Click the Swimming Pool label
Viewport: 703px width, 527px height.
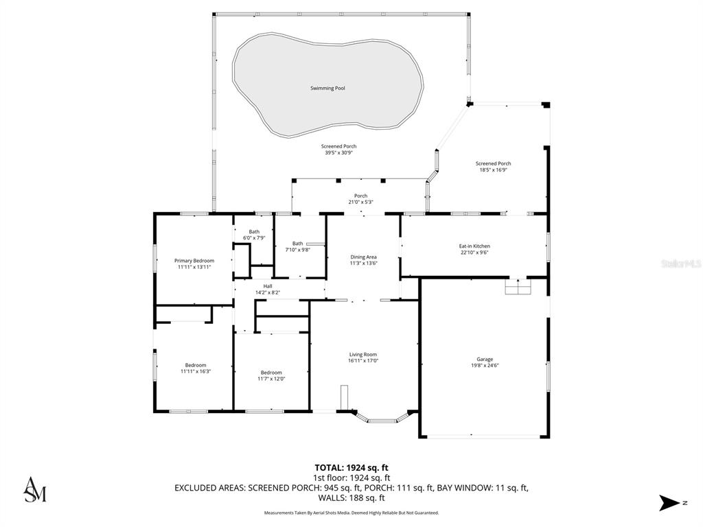point(327,89)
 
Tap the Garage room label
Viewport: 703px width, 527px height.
point(485,359)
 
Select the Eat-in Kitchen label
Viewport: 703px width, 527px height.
point(474,246)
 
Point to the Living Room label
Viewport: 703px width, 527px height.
point(363,355)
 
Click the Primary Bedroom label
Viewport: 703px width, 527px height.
point(194,260)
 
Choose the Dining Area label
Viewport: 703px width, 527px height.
point(364,257)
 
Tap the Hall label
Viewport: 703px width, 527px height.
point(268,286)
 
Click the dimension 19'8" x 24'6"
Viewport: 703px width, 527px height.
point(485,365)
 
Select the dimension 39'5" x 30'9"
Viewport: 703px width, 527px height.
point(339,153)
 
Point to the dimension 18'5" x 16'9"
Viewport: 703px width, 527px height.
point(493,170)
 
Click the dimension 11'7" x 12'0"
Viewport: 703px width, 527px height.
point(271,379)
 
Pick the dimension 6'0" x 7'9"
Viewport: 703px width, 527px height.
point(254,238)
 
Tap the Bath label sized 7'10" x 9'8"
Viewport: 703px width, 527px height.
point(298,244)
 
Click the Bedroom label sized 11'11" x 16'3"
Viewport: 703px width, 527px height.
point(196,365)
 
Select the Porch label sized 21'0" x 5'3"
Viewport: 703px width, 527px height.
point(361,196)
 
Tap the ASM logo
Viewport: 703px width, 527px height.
point(35,489)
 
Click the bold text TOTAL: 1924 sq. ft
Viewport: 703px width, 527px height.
point(351,468)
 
